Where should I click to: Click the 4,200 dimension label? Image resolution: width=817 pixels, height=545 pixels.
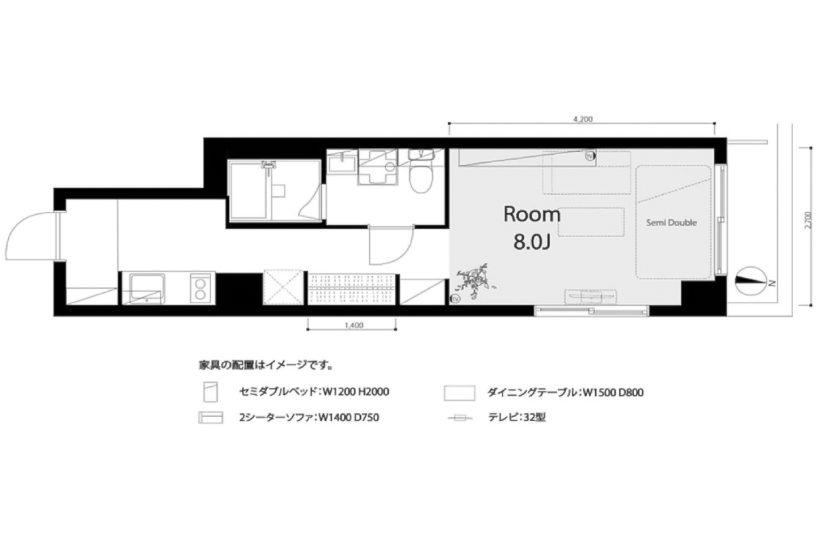coord(583,119)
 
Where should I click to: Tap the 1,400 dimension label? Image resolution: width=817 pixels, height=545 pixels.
coord(354,325)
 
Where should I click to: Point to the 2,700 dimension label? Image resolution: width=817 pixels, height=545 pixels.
coord(809,220)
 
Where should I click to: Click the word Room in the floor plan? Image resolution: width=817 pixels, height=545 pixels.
coord(532,215)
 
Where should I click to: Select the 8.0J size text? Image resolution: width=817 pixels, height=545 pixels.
coord(532,242)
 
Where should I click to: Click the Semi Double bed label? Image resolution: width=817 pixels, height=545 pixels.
coord(671,223)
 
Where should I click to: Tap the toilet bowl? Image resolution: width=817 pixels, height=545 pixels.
coord(421,178)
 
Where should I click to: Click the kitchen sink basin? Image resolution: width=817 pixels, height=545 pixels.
coord(147,289)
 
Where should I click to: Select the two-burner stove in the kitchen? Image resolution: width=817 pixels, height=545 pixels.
coord(200,288)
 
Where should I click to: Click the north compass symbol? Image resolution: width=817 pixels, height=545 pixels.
coord(750,280)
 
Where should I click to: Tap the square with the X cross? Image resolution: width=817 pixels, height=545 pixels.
coord(283,287)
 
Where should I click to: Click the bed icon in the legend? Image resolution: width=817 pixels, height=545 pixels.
coord(210,392)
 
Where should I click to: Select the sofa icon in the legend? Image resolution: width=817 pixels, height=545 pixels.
coord(210,418)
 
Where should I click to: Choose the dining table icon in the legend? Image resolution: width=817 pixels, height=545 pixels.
coord(459,393)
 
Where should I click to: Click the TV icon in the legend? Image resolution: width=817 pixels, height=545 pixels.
coord(460,418)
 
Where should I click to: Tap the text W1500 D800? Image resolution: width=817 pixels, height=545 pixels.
coord(613,393)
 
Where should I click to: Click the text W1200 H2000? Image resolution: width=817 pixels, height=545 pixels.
coord(356,392)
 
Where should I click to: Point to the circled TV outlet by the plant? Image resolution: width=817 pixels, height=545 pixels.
coord(455,298)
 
